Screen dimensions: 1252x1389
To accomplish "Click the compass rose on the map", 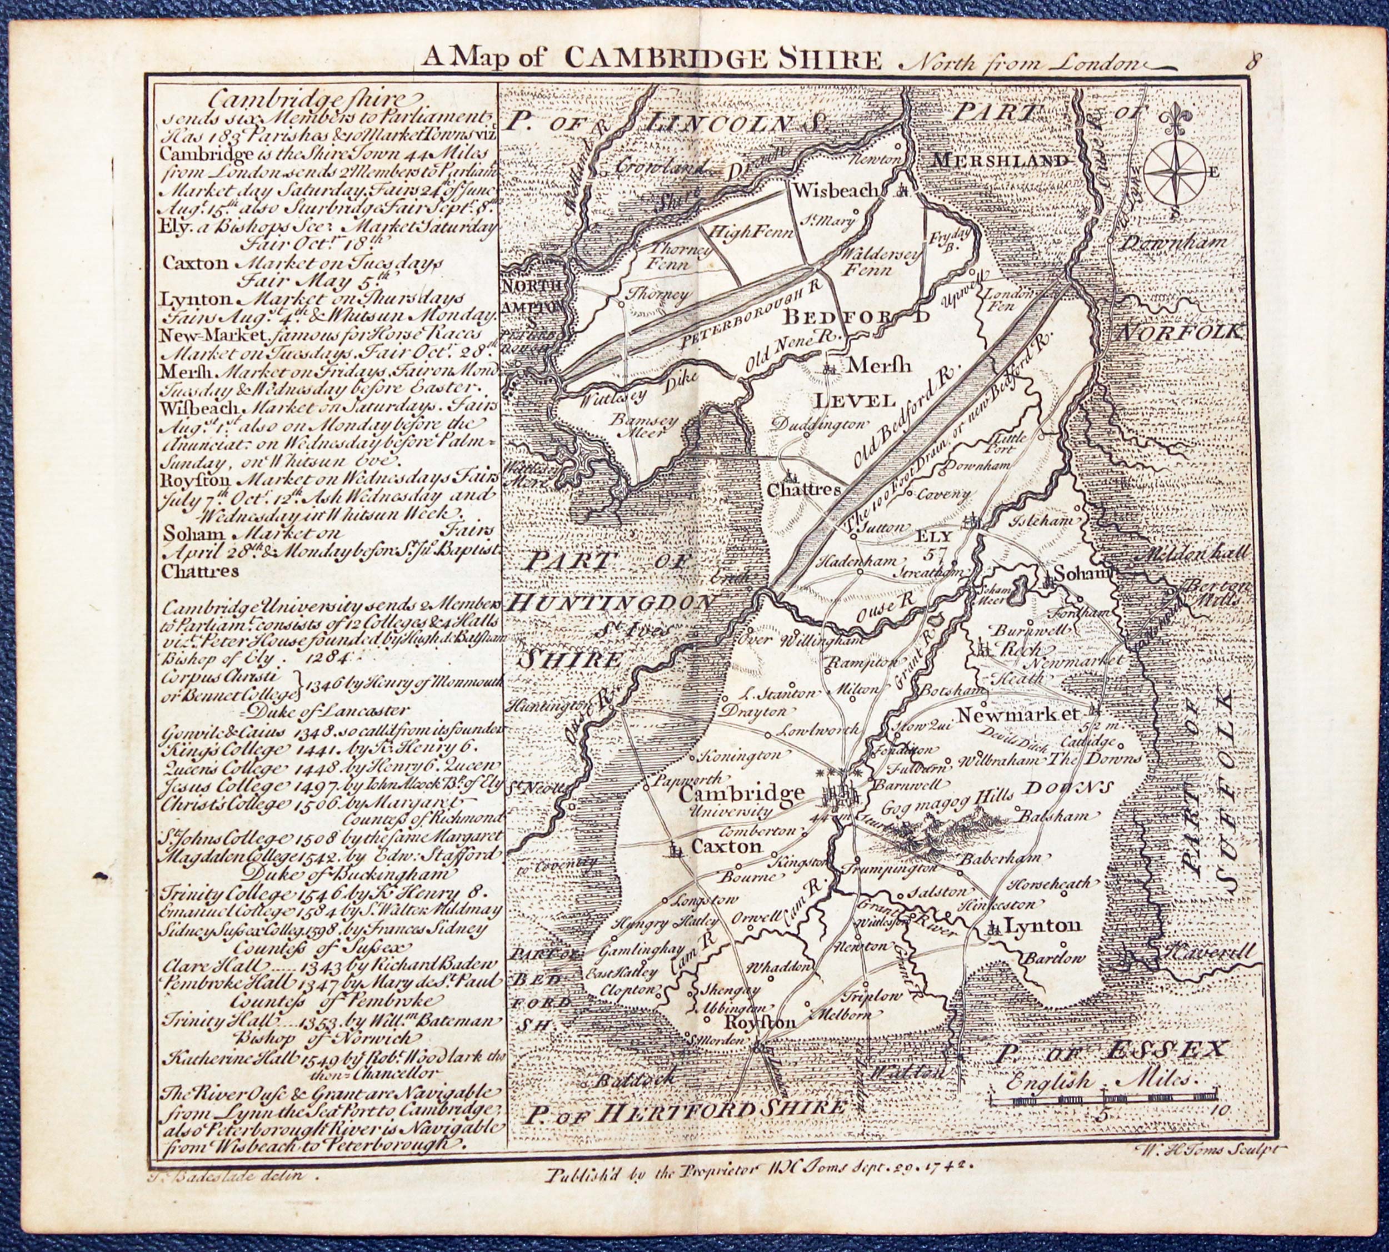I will (x=1175, y=172).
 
